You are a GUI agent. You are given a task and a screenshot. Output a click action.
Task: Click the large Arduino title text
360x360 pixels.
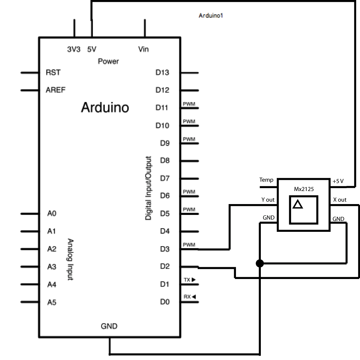(105, 107)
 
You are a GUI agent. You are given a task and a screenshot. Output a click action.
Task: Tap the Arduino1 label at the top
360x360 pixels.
(210, 15)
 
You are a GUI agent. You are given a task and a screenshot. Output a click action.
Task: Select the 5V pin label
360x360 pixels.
(92, 49)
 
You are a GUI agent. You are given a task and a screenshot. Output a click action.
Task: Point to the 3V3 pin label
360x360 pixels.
(74, 49)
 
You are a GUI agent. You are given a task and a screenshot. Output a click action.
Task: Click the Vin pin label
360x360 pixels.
(143, 49)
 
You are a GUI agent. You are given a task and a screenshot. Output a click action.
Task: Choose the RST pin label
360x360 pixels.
(53, 73)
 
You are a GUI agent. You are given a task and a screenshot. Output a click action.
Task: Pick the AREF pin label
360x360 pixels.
(55, 90)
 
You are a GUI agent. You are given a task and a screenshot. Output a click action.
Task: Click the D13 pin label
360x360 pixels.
(162, 73)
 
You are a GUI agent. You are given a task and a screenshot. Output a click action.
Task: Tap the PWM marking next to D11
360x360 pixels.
(189, 104)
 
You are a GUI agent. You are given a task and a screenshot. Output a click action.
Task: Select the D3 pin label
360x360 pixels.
(165, 249)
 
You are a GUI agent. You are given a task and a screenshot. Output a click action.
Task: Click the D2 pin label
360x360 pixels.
(165, 266)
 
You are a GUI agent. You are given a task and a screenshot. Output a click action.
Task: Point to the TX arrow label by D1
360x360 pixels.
(189, 280)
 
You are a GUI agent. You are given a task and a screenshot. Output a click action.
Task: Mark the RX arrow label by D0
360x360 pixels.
(189, 297)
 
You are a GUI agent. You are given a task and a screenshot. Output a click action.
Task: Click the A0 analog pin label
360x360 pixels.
(52, 213)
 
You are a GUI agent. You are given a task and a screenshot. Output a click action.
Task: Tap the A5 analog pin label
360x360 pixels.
(52, 302)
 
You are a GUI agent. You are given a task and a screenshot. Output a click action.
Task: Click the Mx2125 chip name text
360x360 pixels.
(304, 189)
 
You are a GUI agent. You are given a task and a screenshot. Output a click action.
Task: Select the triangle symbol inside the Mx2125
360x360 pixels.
(298, 204)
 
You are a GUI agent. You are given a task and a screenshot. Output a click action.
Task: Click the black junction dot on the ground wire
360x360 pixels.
(260, 263)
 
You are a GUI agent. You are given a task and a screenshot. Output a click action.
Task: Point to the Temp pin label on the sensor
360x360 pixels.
(266, 180)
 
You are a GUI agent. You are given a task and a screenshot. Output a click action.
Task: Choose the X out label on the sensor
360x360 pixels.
(340, 200)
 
